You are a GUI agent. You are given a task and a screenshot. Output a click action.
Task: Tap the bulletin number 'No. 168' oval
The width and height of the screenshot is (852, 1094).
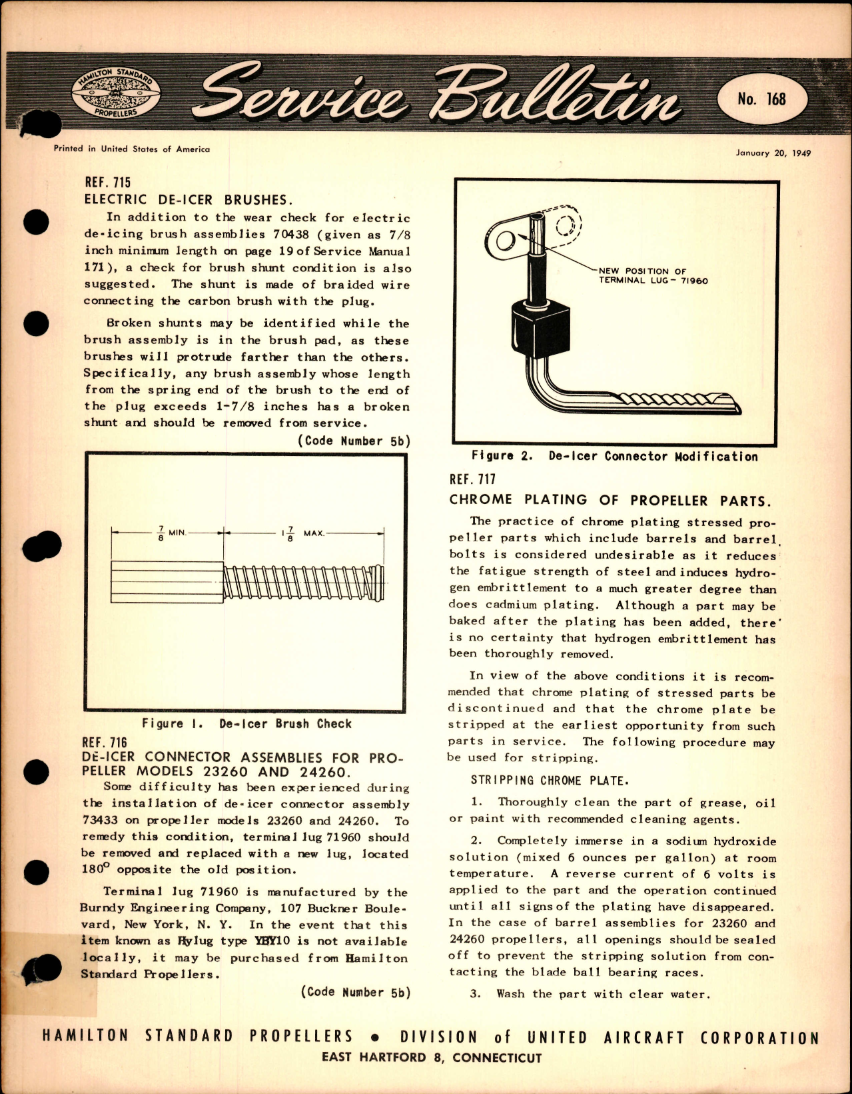761,99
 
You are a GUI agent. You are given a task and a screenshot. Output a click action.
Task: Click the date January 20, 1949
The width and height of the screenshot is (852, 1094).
773,153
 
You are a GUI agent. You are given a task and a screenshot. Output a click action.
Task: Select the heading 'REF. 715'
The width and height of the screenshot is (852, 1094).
107,182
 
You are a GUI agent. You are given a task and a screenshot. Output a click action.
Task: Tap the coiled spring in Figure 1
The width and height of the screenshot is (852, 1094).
303,583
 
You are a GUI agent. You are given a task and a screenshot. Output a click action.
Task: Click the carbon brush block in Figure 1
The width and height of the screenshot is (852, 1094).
167,583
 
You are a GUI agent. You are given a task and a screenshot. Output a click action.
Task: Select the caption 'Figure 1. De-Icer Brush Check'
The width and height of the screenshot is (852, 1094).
246,723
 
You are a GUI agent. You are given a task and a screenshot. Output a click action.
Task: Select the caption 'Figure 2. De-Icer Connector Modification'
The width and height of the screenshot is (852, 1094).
614,457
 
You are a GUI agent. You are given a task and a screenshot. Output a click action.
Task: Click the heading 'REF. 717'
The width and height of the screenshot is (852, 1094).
472,479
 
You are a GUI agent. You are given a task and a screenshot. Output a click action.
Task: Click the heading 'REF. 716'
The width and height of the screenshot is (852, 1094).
105,742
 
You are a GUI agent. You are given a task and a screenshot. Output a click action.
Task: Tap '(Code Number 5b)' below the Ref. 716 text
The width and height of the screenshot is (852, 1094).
355,992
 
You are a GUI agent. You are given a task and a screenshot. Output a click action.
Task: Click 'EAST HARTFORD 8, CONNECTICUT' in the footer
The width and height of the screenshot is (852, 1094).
431,1057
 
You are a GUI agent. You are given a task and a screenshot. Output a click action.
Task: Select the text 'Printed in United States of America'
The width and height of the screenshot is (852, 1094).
131,149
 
